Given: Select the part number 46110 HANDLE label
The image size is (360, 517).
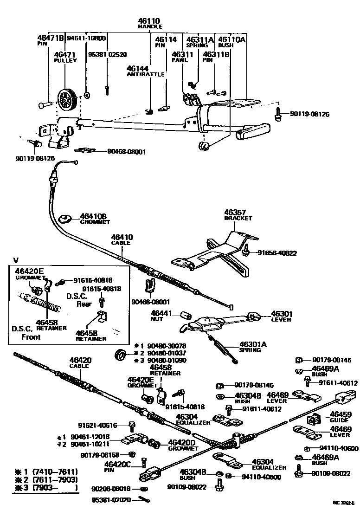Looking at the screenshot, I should pyautogui.click(x=148, y=24).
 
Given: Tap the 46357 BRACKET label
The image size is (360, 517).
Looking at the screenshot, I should pyautogui.click(x=238, y=215).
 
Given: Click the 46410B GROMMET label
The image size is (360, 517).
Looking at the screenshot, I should pyautogui.click(x=93, y=219).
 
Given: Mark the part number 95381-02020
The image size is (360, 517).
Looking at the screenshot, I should pyautogui.click(x=112, y=500).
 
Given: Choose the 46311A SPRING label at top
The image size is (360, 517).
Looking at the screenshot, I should pyautogui.click(x=199, y=43).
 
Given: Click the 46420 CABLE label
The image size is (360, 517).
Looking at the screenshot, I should pyautogui.click(x=80, y=362).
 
